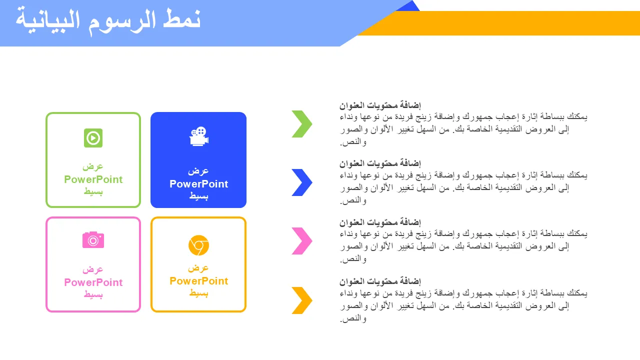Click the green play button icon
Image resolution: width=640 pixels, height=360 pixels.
(x=93, y=138)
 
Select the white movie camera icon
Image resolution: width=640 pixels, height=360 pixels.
(x=199, y=136)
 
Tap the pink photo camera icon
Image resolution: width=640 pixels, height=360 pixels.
(x=93, y=240)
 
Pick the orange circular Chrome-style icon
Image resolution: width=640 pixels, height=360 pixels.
(x=198, y=245)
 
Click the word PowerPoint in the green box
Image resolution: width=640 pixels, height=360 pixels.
(x=93, y=179)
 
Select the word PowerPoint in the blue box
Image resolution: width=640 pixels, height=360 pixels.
(x=199, y=184)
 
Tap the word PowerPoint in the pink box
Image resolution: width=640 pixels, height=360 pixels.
(x=93, y=282)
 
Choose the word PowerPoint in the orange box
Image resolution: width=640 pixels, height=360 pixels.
(x=199, y=281)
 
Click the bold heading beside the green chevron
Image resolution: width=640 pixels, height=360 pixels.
(x=380, y=105)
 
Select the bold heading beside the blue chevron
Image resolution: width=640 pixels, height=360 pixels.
(x=380, y=163)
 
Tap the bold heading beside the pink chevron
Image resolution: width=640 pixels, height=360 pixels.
(x=380, y=222)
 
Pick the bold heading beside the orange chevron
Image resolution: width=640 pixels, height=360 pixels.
(x=380, y=281)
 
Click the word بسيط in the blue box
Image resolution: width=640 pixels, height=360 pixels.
(x=199, y=196)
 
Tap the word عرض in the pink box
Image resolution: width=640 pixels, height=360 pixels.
(x=93, y=269)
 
